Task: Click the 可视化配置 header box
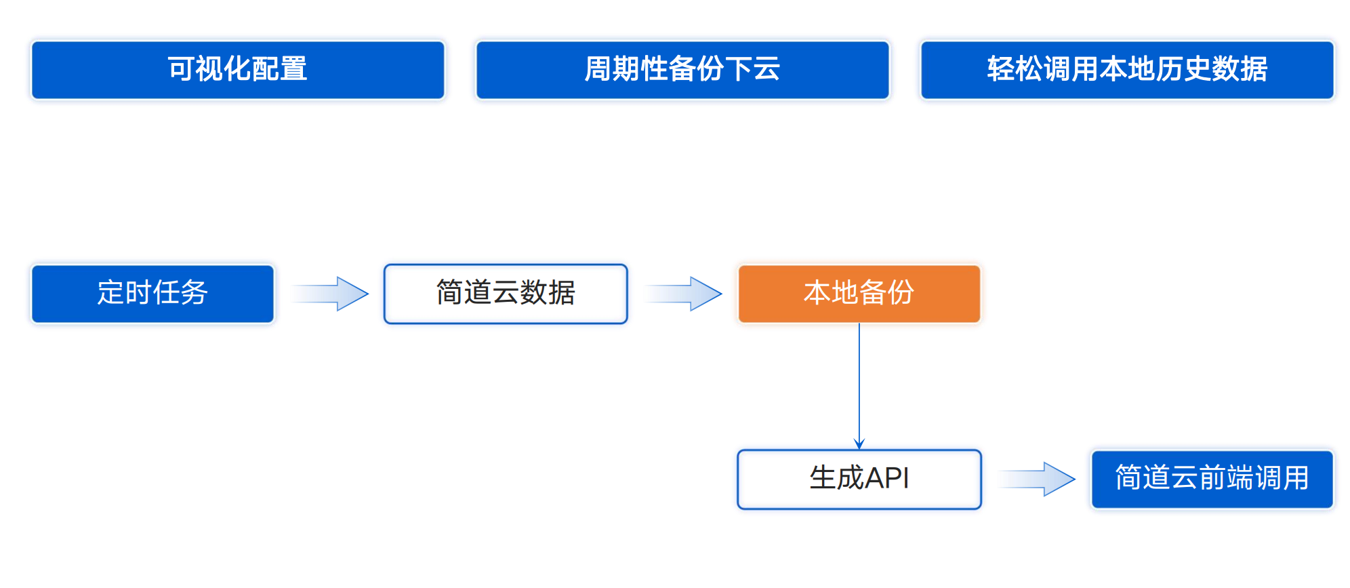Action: [238, 70]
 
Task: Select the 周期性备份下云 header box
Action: [682, 70]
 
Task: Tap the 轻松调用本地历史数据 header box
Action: [1127, 70]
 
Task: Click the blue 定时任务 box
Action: [152, 293]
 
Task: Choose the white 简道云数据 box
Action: [506, 293]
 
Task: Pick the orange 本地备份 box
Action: [859, 293]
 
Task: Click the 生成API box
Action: [859, 479]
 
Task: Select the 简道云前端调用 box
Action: [1212, 479]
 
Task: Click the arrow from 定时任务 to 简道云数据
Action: [331, 294]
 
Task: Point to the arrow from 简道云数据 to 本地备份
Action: [684, 294]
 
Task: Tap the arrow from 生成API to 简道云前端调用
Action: [1038, 479]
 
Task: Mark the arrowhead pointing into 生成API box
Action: [859, 444]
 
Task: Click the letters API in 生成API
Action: [887, 478]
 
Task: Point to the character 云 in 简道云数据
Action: [506, 293]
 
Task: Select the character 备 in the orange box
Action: [873, 293]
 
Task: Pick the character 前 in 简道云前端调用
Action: [1212, 478]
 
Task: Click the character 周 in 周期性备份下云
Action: [598, 69]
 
